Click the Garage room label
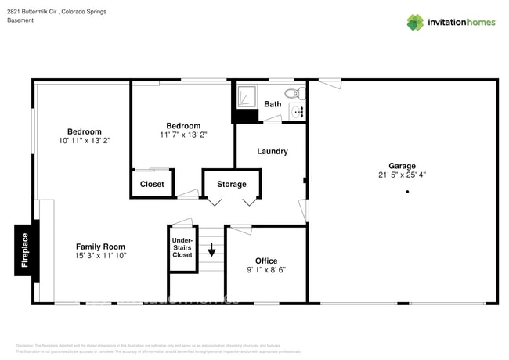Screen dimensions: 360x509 pos(402,165)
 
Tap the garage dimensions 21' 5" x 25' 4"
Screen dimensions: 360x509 pos(402,175)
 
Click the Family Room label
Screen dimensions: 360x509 pos(100,246)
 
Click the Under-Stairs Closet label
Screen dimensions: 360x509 pos(182,248)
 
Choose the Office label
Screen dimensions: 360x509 pos(266,261)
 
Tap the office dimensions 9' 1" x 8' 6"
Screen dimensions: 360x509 pos(266,270)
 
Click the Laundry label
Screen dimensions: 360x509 pos(273,151)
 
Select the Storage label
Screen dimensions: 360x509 pos(231,184)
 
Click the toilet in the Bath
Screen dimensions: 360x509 pos(293,93)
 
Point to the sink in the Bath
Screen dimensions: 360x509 pos(298,113)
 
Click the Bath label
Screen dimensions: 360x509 pos(273,104)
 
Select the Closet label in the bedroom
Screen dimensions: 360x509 pos(152,184)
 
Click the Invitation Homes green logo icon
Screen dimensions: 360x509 pos(414,23)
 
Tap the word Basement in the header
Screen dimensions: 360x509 pos(20,20)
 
